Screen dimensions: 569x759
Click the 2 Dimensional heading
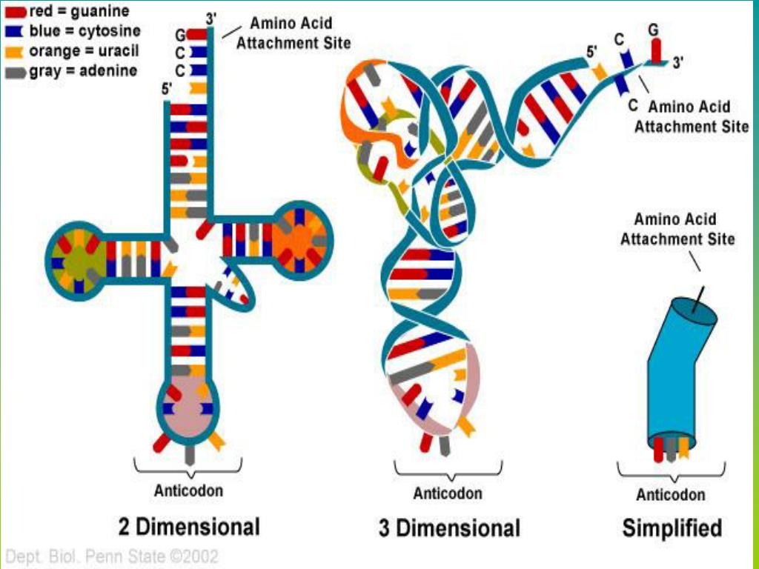click(x=189, y=527)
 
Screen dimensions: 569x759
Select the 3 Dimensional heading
click(x=448, y=528)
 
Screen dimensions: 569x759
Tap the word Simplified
click(x=672, y=528)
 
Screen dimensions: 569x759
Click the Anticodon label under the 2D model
click(x=188, y=490)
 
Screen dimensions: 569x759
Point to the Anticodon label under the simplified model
click(x=671, y=494)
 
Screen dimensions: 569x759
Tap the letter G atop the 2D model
click(x=180, y=34)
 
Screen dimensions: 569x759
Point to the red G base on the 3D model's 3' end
click(x=655, y=50)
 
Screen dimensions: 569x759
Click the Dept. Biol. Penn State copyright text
click(x=112, y=555)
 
